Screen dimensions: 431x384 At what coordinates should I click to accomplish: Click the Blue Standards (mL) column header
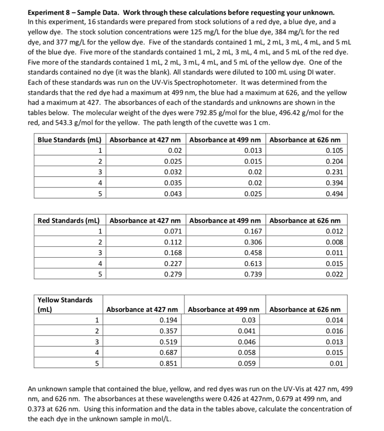pos(69,140)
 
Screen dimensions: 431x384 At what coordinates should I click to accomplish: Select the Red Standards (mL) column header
pos(69,220)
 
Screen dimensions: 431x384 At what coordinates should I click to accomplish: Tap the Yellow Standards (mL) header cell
pos(65,304)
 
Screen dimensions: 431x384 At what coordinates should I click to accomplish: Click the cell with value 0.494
pos(334,194)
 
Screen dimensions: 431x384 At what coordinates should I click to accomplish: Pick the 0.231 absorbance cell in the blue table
pos(334,172)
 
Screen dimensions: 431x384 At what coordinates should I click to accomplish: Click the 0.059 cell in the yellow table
pos(247,363)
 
